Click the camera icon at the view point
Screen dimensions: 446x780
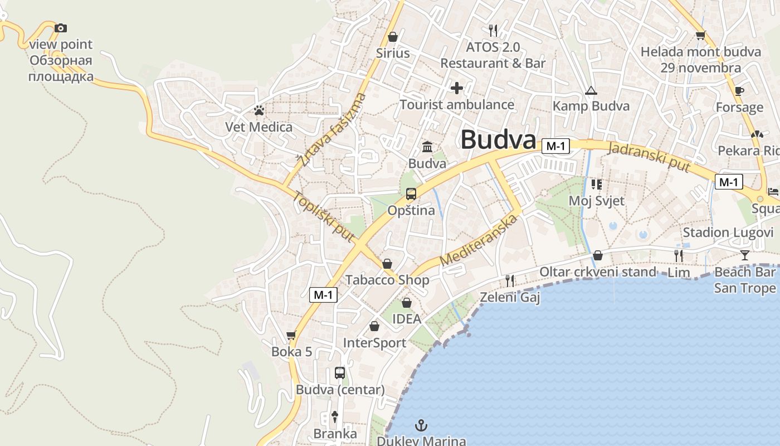pos(61,28)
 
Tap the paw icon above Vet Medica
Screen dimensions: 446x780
pos(259,110)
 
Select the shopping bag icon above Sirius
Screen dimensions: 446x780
pos(393,37)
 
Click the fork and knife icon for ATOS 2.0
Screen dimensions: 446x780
pos(493,30)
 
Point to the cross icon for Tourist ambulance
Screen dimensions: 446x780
pos(457,88)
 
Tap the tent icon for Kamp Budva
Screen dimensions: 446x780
pos(591,90)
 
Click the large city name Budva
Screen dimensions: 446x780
pos(498,140)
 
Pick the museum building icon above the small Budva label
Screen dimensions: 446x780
pos(427,147)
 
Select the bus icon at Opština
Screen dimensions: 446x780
pos(411,194)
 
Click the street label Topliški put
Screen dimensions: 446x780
pos(324,217)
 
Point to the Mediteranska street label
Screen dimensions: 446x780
pos(478,240)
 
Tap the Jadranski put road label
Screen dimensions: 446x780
pos(650,157)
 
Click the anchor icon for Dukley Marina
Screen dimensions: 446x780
pos(422,426)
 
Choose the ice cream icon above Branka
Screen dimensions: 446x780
pos(335,416)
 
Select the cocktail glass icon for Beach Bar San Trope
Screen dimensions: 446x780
pos(745,255)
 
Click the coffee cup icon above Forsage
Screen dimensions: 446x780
pos(739,91)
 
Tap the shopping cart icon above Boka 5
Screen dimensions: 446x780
pos(291,335)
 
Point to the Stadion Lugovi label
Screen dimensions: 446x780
pos(728,232)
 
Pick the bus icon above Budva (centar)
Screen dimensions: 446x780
pos(340,373)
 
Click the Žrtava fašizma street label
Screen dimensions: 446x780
pos(332,131)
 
